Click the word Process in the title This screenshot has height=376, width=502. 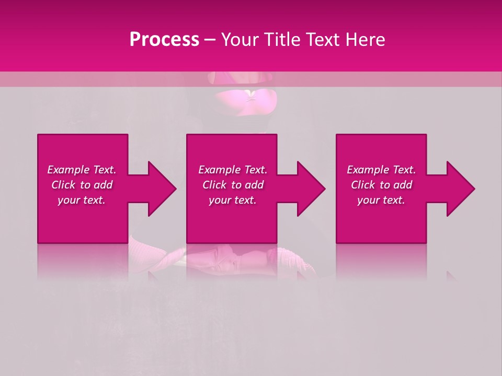(x=164, y=40)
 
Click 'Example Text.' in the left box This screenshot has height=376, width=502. (x=82, y=170)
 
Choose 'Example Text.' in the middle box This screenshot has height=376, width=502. (x=233, y=170)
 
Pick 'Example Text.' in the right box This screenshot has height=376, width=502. (x=381, y=170)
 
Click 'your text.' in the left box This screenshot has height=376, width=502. (x=82, y=200)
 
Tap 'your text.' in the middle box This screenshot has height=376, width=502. (x=233, y=200)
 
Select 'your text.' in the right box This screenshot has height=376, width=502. (x=381, y=200)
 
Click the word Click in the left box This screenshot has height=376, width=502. (x=63, y=185)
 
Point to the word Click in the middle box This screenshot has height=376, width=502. (x=214, y=185)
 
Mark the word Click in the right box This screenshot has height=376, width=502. (x=363, y=185)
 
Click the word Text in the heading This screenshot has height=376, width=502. (x=323, y=40)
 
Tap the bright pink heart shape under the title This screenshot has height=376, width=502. (x=251, y=100)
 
